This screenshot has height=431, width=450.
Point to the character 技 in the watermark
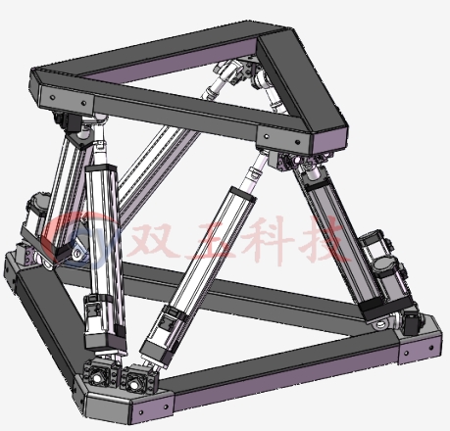(325, 239)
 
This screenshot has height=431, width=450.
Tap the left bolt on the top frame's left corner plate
(53, 97)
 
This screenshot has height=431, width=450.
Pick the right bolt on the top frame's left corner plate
(83, 104)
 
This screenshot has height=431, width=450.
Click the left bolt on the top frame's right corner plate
(268, 136)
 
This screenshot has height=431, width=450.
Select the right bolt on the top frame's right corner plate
(298, 142)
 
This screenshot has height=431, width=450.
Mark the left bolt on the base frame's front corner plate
(141, 412)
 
